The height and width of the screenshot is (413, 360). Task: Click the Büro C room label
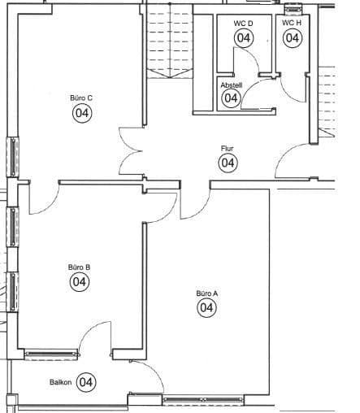tap(81, 98)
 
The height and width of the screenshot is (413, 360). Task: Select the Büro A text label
tap(206, 293)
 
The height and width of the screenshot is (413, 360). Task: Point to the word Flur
tap(228, 149)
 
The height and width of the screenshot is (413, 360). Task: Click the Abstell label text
tap(231, 84)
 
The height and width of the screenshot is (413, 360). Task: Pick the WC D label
tap(243, 24)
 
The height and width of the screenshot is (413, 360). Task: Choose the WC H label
tap(292, 23)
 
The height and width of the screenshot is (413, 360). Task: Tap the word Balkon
tap(61, 382)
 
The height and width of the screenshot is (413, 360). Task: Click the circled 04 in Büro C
tap(82, 114)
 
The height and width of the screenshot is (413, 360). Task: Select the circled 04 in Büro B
tap(80, 282)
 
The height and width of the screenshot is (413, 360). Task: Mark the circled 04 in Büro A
tap(206, 308)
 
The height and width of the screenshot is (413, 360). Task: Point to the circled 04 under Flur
tap(228, 163)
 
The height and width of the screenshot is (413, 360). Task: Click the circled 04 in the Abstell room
tap(231, 98)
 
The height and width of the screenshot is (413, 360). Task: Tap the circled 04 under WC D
tap(243, 37)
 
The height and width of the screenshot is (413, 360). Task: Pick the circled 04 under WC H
tap(293, 37)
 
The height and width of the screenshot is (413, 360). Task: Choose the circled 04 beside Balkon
tap(86, 381)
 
